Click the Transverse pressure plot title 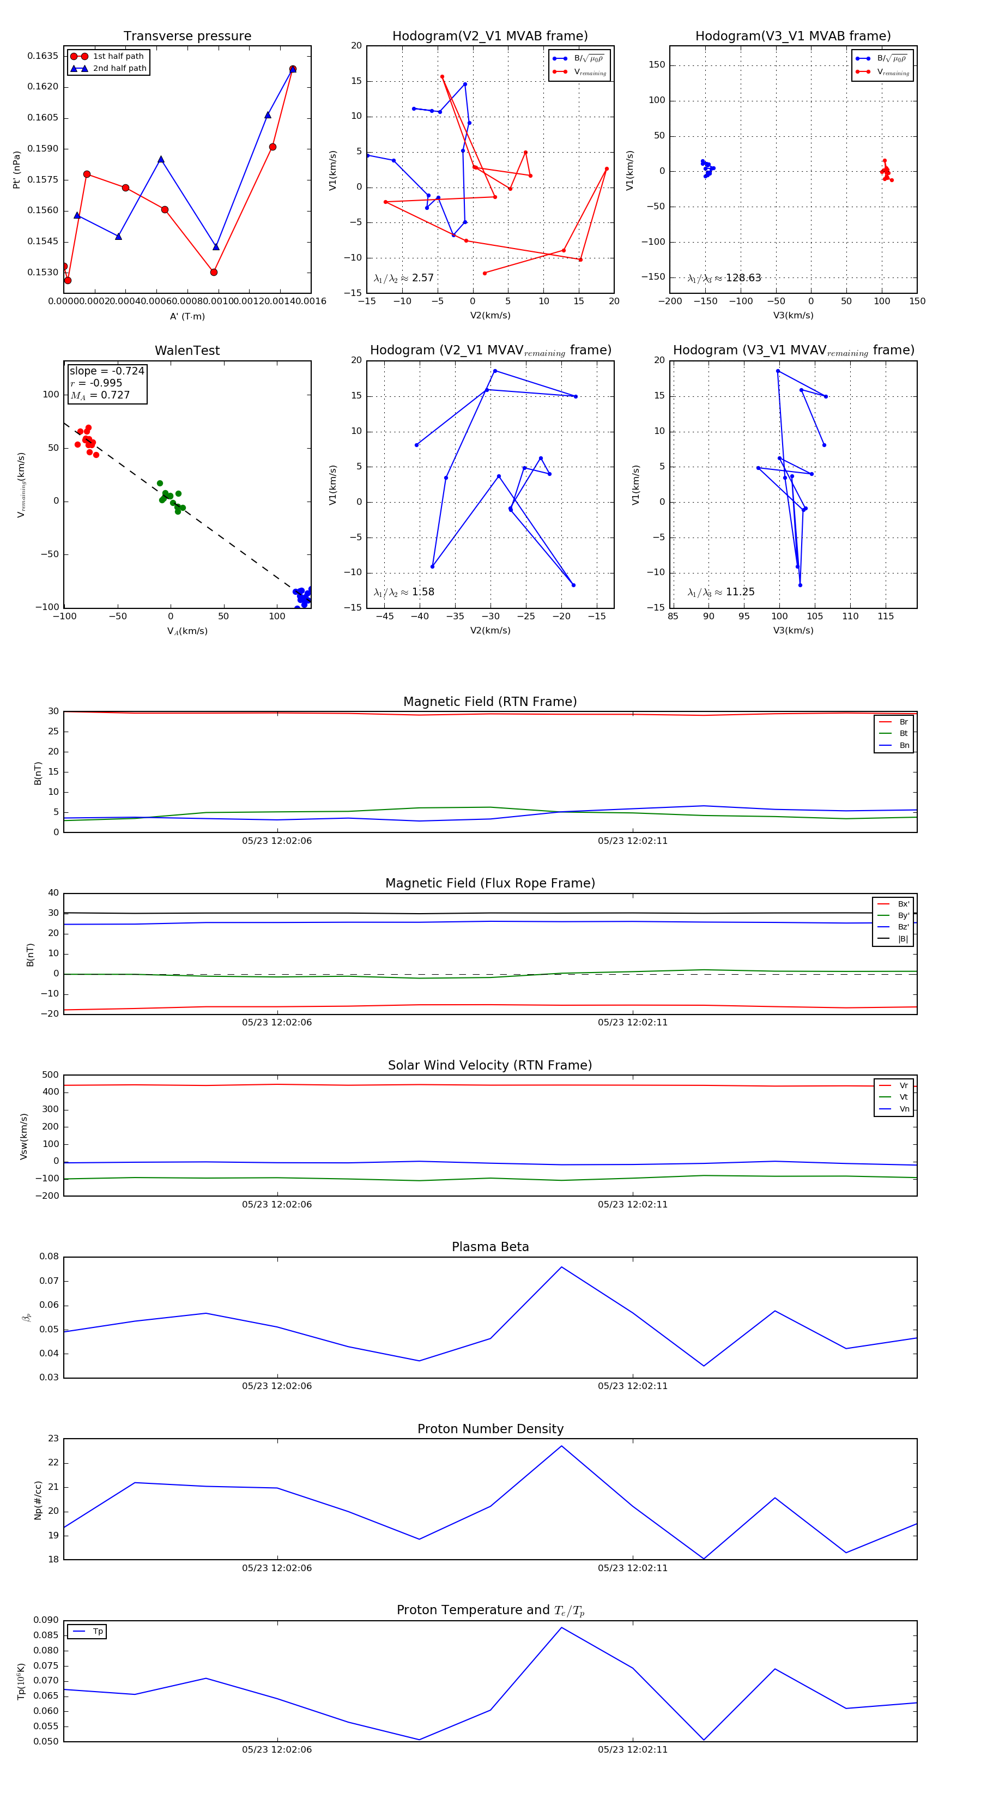(187, 37)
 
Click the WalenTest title (187, 351)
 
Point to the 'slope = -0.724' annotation (107, 371)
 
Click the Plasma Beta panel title (490, 1247)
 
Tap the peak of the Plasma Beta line (561, 1267)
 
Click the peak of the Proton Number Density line (561, 1446)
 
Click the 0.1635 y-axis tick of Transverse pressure (43, 56)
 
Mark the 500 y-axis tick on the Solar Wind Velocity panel (50, 1075)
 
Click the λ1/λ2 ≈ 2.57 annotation (403, 278)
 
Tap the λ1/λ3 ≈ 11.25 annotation (720, 592)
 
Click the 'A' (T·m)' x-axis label (187, 316)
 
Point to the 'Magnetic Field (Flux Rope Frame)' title (490, 884)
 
